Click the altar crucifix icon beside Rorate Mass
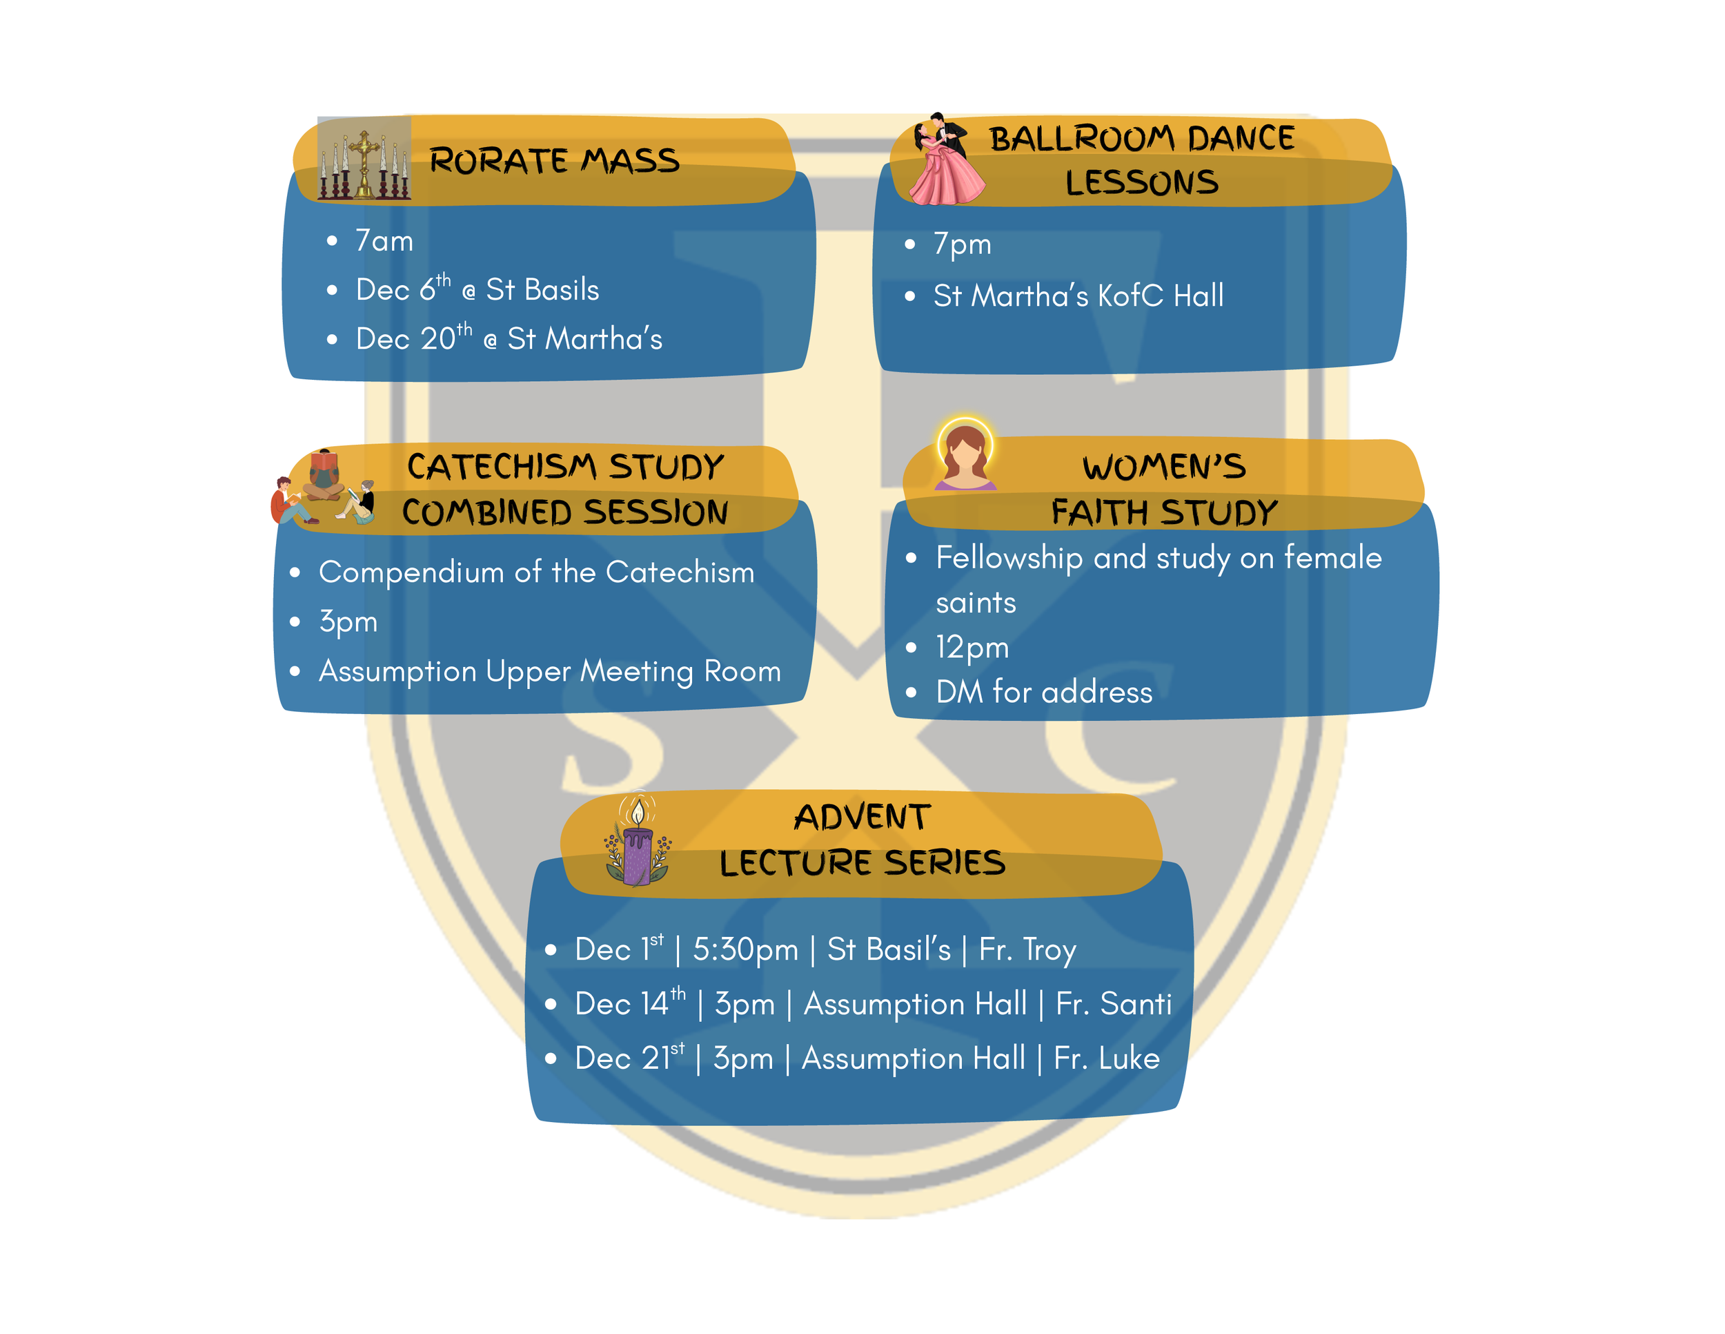click(364, 159)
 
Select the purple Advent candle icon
click(638, 842)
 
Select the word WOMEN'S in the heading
click(1163, 467)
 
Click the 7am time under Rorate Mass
click(384, 241)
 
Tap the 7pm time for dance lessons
click(962, 244)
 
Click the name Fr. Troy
click(1027, 950)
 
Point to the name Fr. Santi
click(1114, 1005)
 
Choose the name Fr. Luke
click(1107, 1059)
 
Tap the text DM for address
click(1043, 693)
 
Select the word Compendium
click(411, 573)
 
